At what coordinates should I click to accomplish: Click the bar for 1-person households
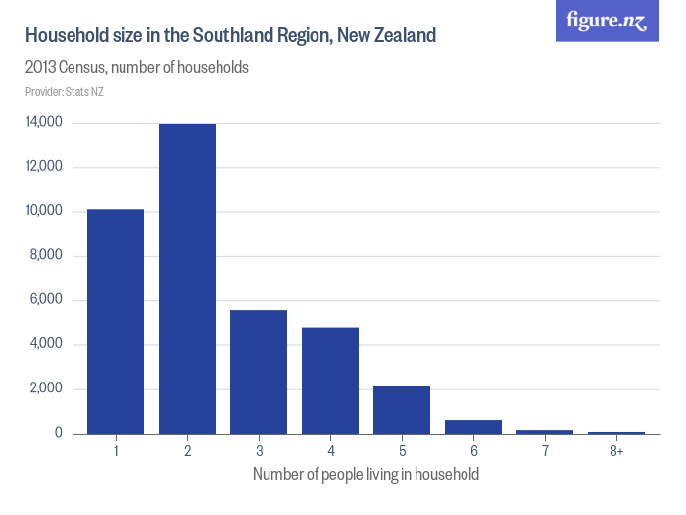116,321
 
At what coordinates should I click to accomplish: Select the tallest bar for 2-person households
187,279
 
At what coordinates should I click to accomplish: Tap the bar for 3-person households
259,372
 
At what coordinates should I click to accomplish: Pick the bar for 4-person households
330,381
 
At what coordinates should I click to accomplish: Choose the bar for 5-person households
402,409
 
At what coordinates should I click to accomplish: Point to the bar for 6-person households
473,427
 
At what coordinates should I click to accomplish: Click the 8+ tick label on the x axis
615,450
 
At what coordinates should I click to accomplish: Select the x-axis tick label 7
545,450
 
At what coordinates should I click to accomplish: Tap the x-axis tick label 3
259,450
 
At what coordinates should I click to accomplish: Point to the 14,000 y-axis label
45,123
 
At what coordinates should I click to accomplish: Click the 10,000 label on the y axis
45,211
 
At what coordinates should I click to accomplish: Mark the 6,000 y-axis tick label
48,300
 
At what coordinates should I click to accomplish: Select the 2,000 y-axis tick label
48,388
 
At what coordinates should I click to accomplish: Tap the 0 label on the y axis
59,433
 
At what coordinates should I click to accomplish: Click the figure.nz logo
607,21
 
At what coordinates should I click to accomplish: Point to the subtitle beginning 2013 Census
136,69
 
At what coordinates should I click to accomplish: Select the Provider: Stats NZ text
65,92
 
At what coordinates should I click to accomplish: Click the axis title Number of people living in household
366,475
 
